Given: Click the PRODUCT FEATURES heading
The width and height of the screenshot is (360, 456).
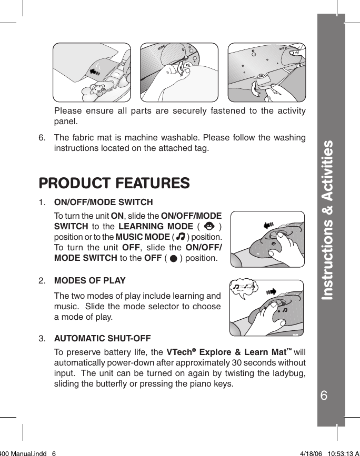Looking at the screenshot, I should tap(114, 183).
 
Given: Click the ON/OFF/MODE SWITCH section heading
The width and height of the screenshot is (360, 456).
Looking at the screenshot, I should tap(104, 202).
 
